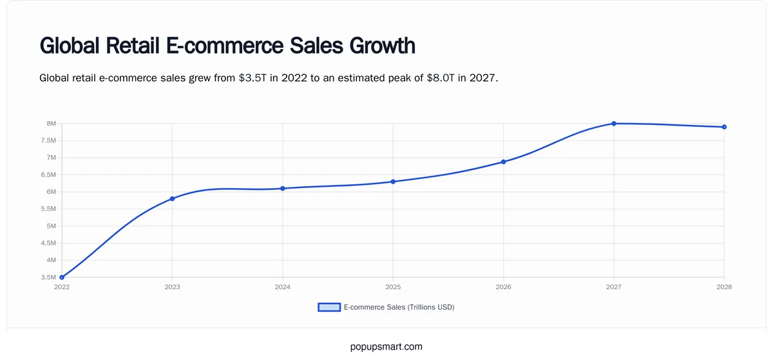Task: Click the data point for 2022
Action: point(62,277)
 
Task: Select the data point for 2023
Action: point(172,198)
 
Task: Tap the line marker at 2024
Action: point(283,188)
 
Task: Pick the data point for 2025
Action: point(393,182)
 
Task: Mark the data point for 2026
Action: point(504,162)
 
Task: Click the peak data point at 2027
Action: point(614,124)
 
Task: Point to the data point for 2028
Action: point(724,127)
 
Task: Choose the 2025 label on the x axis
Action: point(393,287)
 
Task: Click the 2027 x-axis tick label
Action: point(614,287)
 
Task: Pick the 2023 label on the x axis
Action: point(172,287)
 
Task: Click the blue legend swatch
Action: point(329,307)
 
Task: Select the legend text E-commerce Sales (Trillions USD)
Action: point(399,307)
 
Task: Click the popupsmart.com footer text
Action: point(386,346)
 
